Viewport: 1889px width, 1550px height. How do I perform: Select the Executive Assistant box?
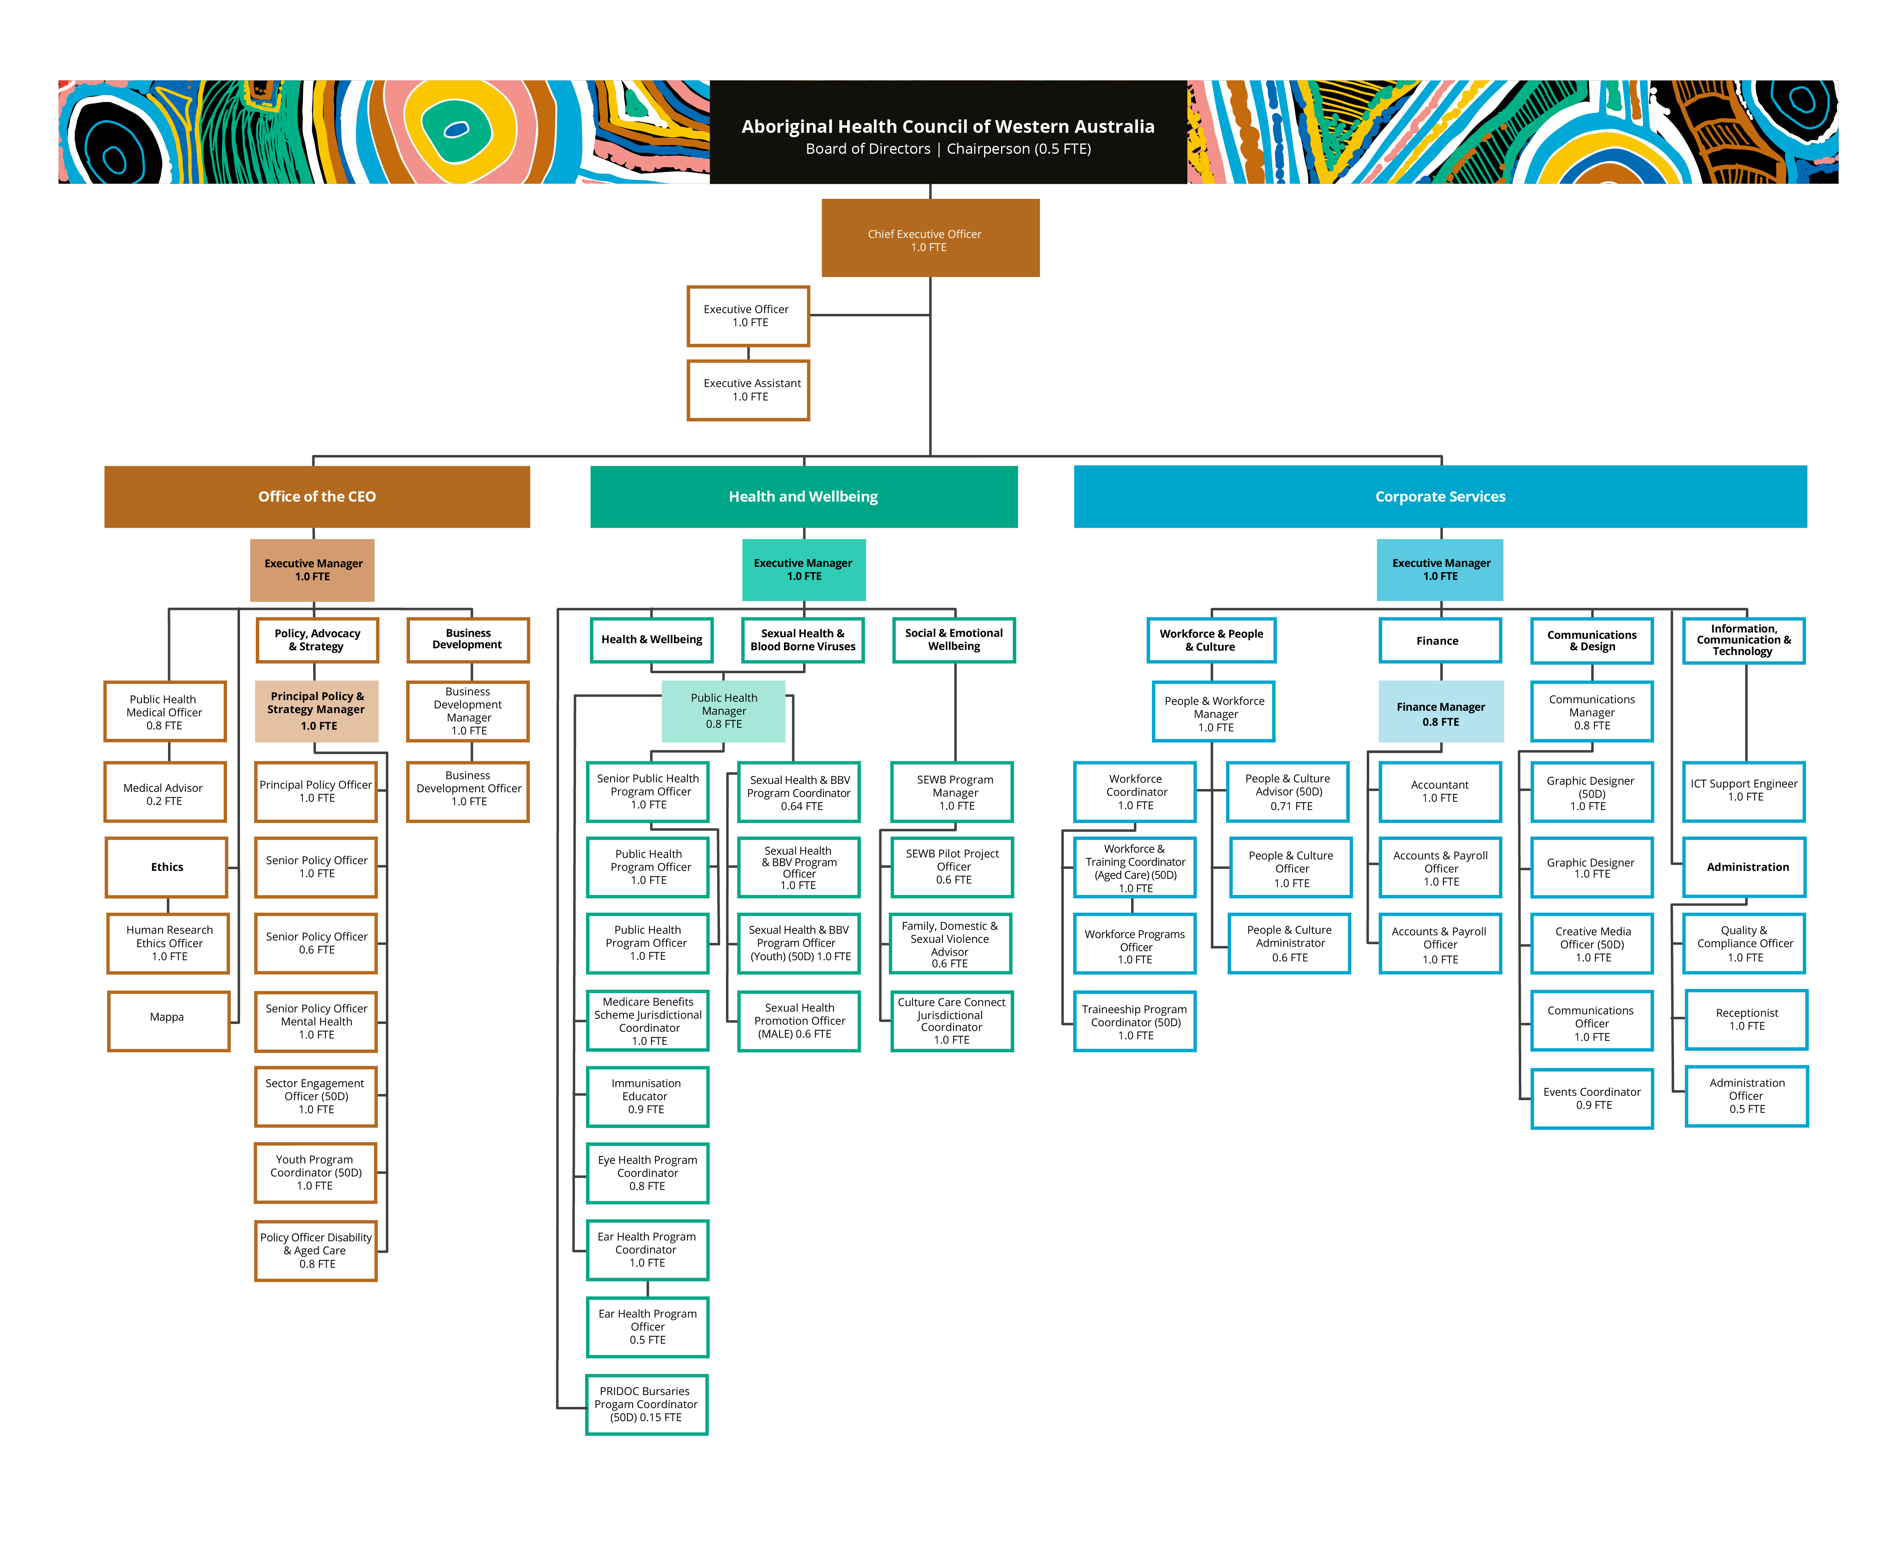[x=748, y=390]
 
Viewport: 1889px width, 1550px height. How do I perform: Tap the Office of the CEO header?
[x=317, y=497]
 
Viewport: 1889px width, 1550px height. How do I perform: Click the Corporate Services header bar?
[x=1440, y=497]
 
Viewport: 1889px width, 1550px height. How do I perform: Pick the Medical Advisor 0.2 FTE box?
[x=165, y=792]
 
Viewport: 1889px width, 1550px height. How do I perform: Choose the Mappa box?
[x=169, y=1021]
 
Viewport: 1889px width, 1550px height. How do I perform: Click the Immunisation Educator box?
[x=647, y=1097]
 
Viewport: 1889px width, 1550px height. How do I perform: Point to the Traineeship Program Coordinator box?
[x=1135, y=1021]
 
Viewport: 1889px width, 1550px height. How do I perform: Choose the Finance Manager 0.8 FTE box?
[x=1441, y=712]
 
